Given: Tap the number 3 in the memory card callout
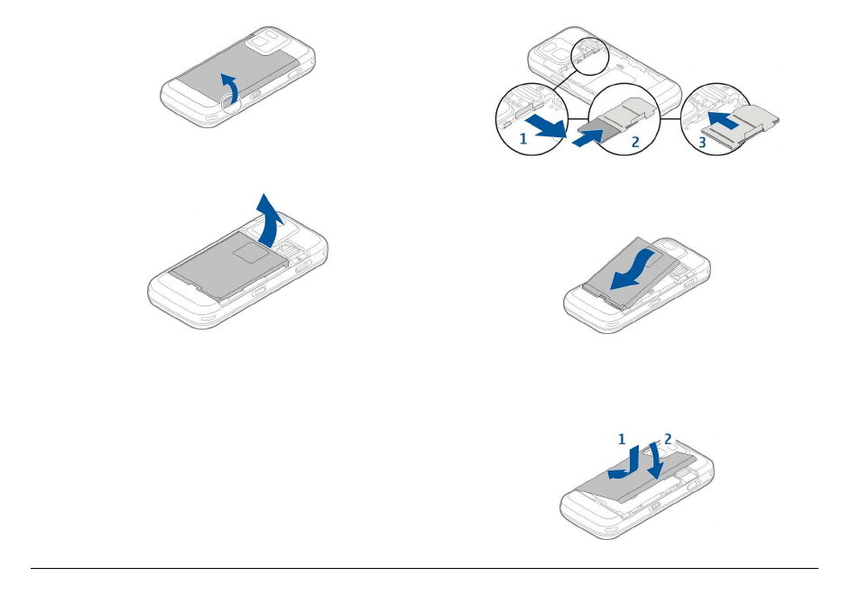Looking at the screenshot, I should (701, 143).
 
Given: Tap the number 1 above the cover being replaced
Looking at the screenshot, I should (621, 438).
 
